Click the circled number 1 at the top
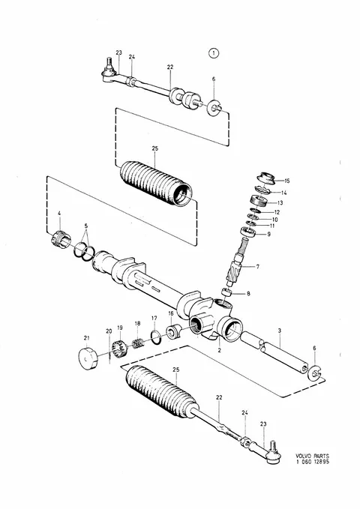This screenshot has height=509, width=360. click(x=214, y=53)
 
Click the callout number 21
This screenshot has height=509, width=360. click(x=86, y=338)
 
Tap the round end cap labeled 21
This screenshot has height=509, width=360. click(x=88, y=358)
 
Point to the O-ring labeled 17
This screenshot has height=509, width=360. click(x=155, y=337)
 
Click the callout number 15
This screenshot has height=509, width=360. click(x=286, y=181)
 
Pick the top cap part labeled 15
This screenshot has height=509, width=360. click(x=266, y=177)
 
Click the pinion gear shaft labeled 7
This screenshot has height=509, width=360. click(x=236, y=266)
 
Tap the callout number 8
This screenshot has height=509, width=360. click(x=248, y=294)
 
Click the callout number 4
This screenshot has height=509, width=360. click(x=59, y=214)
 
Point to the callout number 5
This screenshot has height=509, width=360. click(x=85, y=226)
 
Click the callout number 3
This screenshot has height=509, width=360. click(x=280, y=331)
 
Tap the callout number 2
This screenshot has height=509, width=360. click(x=219, y=350)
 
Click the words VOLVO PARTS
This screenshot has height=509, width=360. click(x=312, y=456)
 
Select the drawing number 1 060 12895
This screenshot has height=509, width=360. click(x=312, y=462)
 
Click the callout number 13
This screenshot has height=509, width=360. click(x=280, y=203)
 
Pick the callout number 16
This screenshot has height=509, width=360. click(x=171, y=313)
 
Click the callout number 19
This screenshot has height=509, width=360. click(x=119, y=328)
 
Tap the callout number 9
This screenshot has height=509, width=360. click(x=268, y=234)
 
